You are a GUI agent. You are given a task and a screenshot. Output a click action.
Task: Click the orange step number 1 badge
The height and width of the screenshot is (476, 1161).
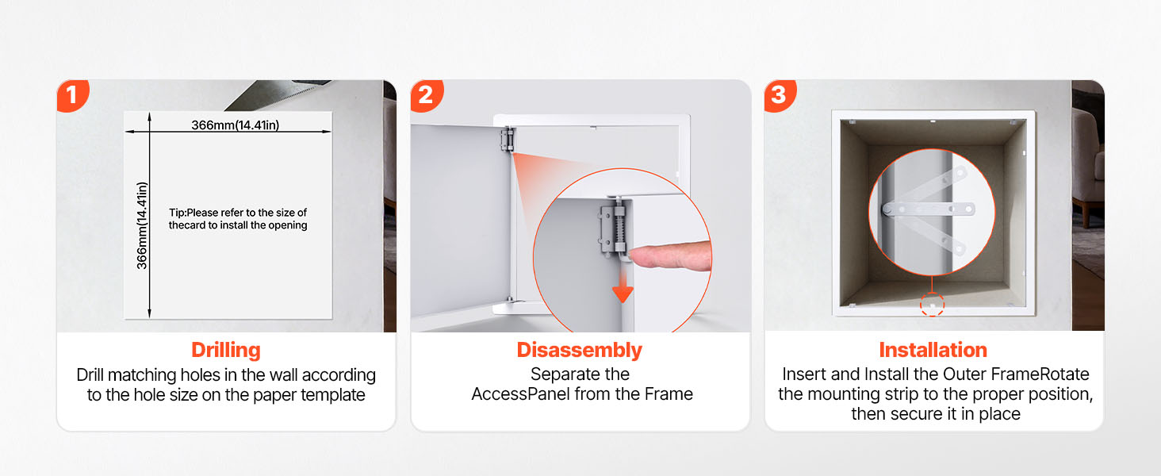(73, 95)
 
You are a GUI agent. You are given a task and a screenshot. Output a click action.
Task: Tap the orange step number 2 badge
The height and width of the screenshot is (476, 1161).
(427, 95)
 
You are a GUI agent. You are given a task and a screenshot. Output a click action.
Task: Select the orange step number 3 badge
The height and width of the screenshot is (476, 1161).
(780, 95)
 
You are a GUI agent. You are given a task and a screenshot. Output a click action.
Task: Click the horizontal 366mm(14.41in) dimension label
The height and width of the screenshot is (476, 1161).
(236, 125)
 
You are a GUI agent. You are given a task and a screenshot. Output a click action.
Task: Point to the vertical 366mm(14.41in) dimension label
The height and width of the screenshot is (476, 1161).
(141, 225)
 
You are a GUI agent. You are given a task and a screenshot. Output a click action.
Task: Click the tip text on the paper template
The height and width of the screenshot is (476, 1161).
(238, 219)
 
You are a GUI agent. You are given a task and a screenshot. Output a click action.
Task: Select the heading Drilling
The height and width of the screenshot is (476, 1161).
(226, 350)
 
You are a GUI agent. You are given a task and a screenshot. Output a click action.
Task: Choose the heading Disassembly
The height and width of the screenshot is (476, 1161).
(580, 350)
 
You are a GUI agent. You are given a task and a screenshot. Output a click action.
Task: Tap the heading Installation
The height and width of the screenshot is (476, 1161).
(933, 350)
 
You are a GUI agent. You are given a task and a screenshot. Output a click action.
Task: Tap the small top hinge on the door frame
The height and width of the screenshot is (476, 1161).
(507, 139)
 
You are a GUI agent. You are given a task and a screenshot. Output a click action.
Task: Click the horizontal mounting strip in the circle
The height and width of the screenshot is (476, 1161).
(928, 209)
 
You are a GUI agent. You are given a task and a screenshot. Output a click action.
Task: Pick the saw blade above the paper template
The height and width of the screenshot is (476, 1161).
(280, 94)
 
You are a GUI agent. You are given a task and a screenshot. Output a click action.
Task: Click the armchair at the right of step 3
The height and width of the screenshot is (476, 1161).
(1088, 166)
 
